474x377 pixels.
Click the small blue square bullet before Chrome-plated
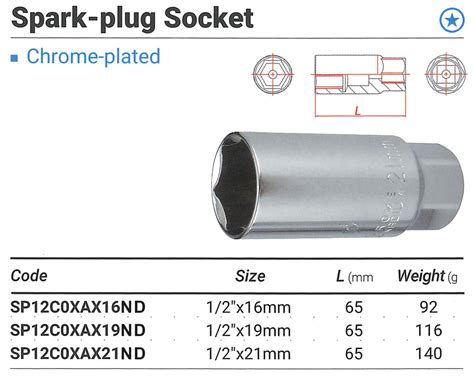coord(14,57)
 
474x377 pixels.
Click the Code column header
coord(29,276)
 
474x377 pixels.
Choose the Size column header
coord(249,276)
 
